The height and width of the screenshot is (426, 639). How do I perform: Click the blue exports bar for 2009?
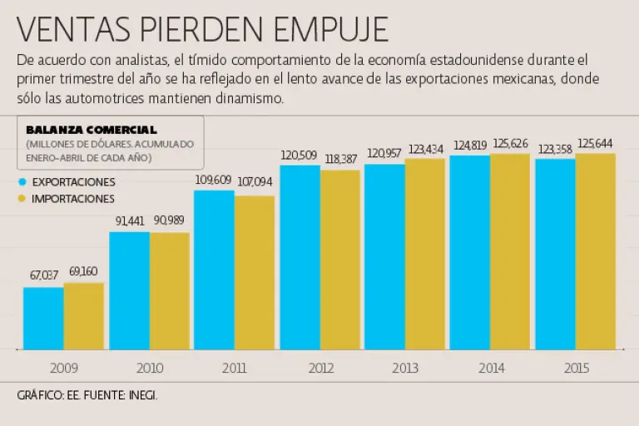click(x=43, y=318)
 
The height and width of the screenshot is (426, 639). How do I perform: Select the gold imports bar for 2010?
click(x=170, y=290)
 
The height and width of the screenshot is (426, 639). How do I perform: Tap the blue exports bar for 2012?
click(x=300, y=257)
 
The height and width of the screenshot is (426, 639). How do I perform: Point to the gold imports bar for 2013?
click(x=424, y=254)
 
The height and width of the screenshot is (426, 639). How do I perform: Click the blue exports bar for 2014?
click(x=470, y=252)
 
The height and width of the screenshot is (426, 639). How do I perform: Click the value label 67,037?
click(x=43, y=275)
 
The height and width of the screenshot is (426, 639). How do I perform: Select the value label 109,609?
click(x=214, y=179)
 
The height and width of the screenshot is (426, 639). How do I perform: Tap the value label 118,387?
click(x=340, y=159)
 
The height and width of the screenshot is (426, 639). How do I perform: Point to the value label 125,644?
click(x=596, y=142)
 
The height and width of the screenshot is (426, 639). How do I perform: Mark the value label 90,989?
click(x=170, y=220)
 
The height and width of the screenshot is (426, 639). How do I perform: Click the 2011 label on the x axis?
click(x=234, y=367)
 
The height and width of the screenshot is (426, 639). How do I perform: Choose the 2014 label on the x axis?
click(x=490, y=367)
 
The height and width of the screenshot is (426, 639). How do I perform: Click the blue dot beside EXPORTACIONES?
click(x=22, y=181)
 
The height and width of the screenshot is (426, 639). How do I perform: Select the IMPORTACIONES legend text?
click(x=73, y=199)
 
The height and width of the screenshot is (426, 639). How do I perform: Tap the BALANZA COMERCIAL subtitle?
click(x=92, y=129)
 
